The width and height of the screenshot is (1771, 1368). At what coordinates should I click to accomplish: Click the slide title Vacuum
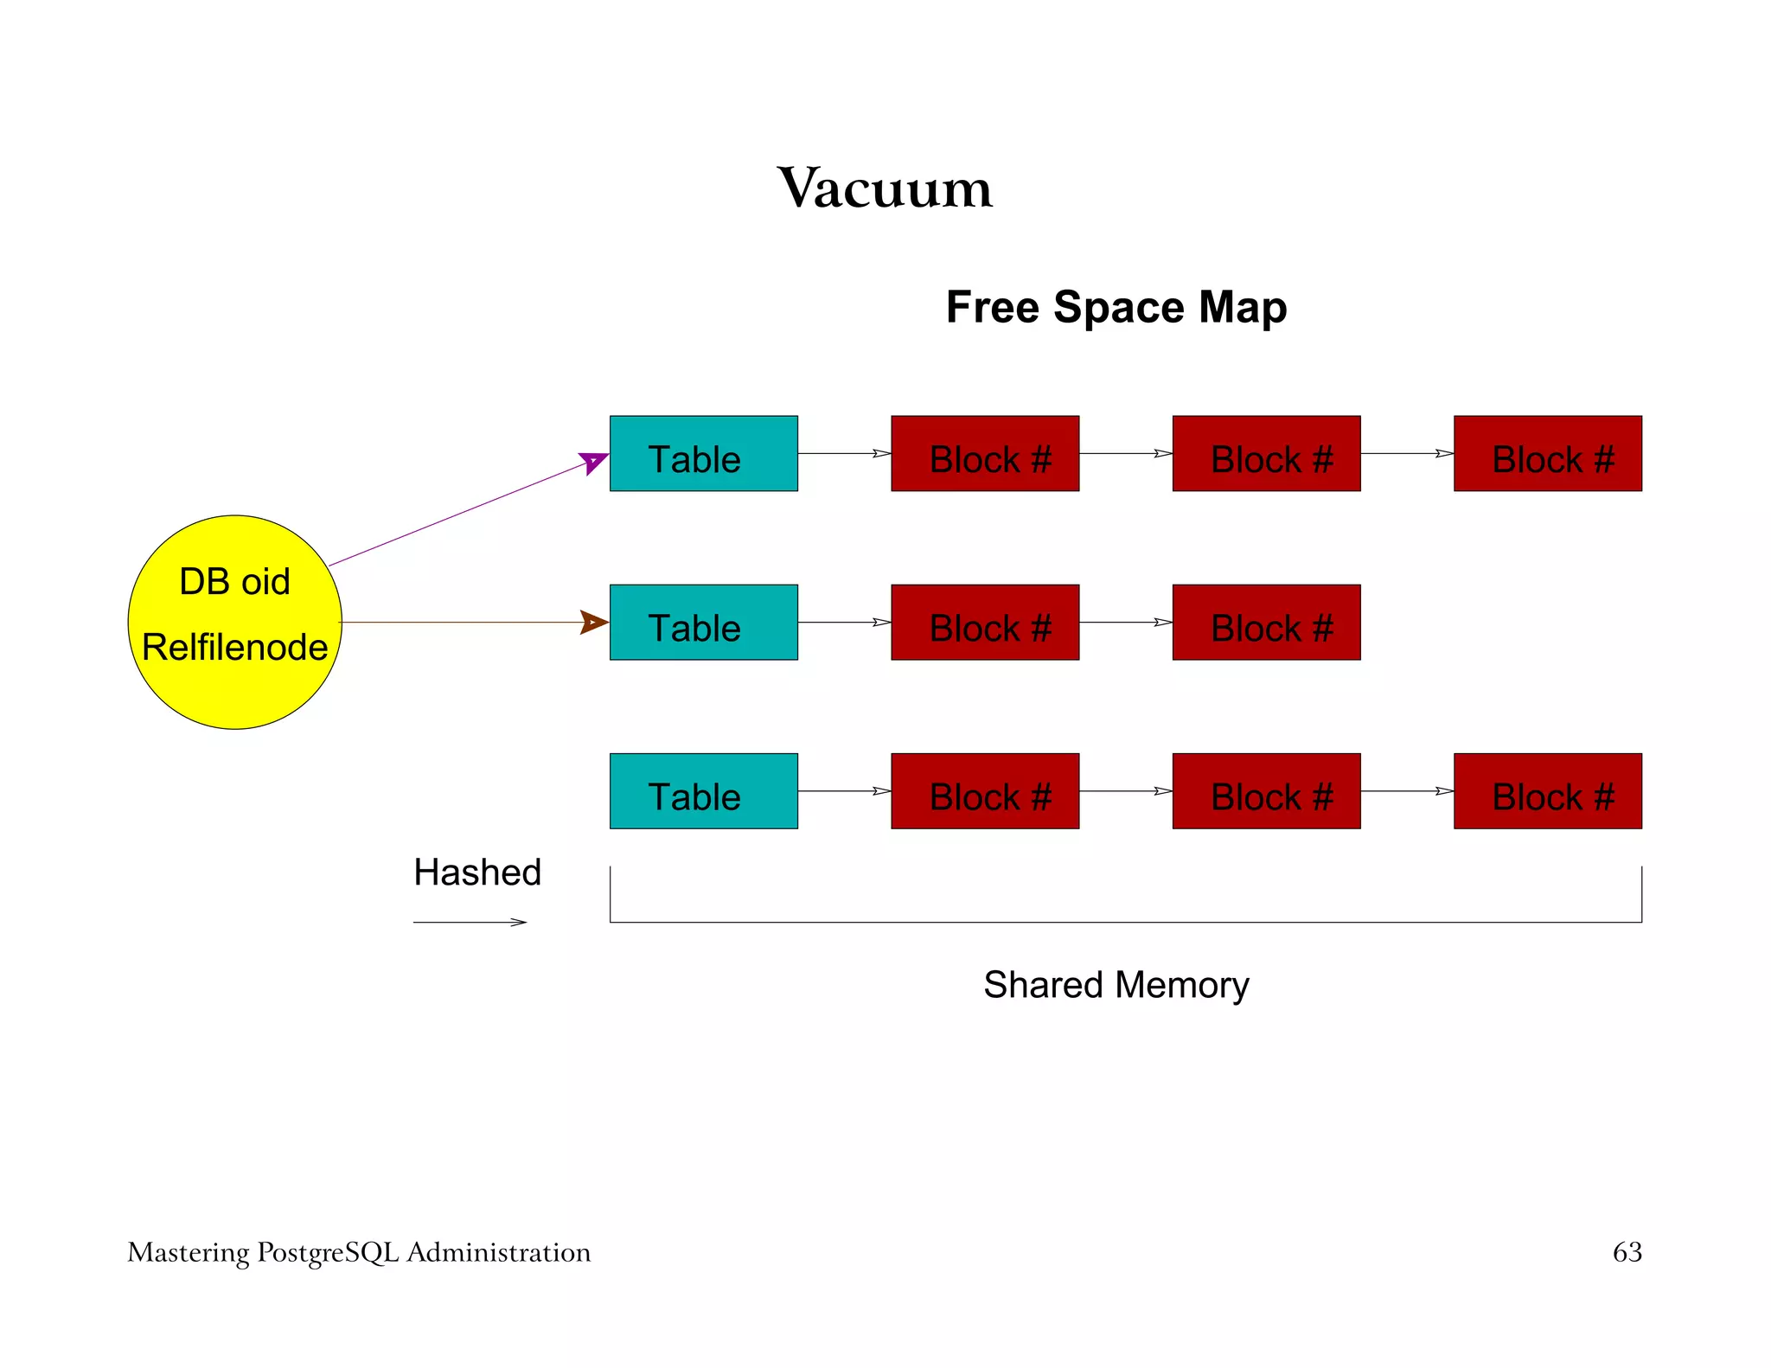(885, 188)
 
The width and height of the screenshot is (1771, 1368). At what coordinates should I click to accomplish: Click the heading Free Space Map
(1116, 307)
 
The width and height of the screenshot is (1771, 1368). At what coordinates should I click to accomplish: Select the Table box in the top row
(703, 454)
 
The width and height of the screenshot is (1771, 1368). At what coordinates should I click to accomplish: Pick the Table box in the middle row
(703, 623)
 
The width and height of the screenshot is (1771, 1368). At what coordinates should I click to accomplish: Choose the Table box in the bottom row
(703, 791)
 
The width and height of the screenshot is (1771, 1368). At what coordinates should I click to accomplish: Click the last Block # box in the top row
(1547, 454)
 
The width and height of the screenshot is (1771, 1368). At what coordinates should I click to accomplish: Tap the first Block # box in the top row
(985, 454)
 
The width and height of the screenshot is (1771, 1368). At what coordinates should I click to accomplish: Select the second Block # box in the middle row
(1266, 623)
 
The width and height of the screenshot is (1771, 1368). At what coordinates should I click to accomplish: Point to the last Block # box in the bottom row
(1547, 791)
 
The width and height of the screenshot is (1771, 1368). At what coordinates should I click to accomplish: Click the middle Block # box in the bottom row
(1266, 791)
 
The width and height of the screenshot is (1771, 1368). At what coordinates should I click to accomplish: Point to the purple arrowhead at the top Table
(593, 462)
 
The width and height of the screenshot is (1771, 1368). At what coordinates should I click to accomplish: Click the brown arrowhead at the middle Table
(593, 622)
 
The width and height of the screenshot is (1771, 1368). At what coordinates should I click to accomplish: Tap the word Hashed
(477, 873)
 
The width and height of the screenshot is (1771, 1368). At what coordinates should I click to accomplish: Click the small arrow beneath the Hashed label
(470, 923)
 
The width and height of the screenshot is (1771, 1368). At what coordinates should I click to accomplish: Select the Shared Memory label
(1116, 985)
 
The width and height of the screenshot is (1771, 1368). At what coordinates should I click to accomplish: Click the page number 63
(1627, 1252)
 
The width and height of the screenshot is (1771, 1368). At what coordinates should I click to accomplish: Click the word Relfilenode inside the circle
(234, 647)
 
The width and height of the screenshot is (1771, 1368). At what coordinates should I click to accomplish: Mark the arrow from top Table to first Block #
(844, 453)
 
